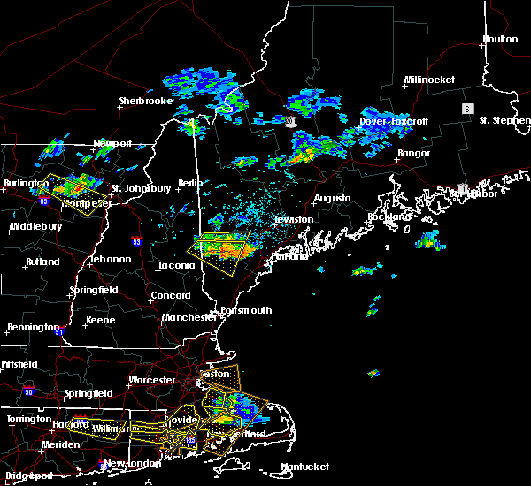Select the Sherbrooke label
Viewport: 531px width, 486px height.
point(145,102)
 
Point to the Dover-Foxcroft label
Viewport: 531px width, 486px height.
point(393,121)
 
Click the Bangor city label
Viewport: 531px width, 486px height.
point(413,154)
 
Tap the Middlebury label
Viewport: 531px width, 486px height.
point(35,227)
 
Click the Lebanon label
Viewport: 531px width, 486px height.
point(111,260)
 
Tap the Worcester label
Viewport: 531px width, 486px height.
point(152,381)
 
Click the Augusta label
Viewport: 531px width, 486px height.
point(332,199)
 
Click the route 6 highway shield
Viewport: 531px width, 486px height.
point(466,108)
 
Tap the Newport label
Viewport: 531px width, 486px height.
point(112,143)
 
